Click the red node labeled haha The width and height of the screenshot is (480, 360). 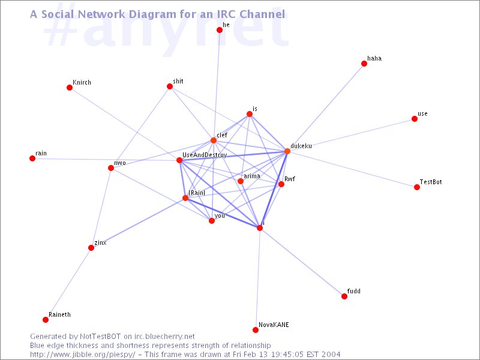(364, 64)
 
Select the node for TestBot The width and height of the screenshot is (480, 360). (416, 187)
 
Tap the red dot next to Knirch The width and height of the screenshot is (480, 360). (70, 88)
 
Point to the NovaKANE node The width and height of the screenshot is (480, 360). (256, 329)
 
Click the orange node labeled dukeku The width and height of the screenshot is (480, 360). (287, 151)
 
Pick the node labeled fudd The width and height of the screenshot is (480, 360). (344, 296)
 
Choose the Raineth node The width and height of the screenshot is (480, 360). (46, 320)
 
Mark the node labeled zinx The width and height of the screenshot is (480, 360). (91, 248)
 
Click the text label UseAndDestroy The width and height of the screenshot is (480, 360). (205, 155)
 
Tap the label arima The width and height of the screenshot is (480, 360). (252, 176)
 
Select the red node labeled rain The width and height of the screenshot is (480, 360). (32, 158)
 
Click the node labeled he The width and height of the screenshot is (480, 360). (220, 30)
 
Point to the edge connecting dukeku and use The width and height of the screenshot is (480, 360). (351, 135)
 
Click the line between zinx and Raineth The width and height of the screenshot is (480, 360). (68, 284)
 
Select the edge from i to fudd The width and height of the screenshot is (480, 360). (302, 262)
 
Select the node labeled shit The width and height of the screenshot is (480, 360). (170, 86)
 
